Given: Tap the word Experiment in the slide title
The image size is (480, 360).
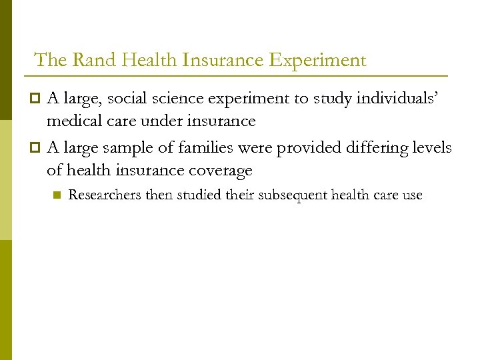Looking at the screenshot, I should pos(318,60).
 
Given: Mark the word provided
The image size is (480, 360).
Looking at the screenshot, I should pos(300,148).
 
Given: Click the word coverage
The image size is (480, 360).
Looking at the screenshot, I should pos(219,171).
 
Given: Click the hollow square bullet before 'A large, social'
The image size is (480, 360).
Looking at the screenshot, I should pos(37,99).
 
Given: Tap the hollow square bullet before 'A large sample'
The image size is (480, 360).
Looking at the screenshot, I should pos(37,148).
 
